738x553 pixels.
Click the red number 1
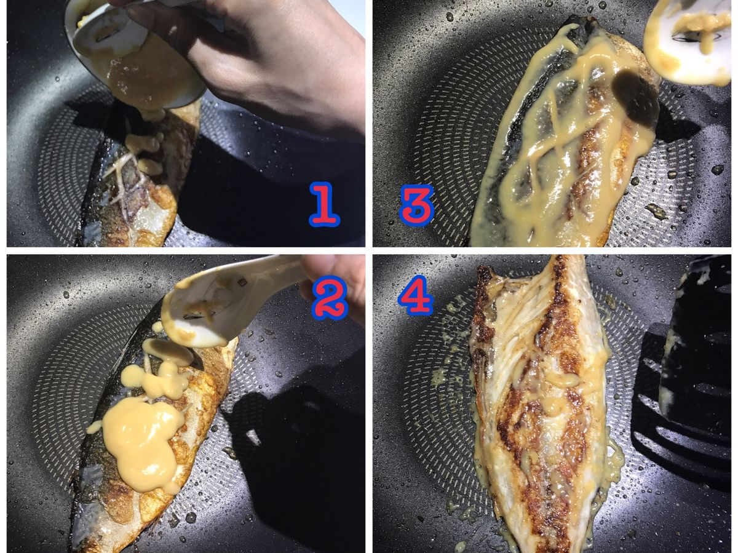[x=323, y=204]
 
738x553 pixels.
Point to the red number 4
[x=415, y=295]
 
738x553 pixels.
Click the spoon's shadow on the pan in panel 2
[x=289, y=447]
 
